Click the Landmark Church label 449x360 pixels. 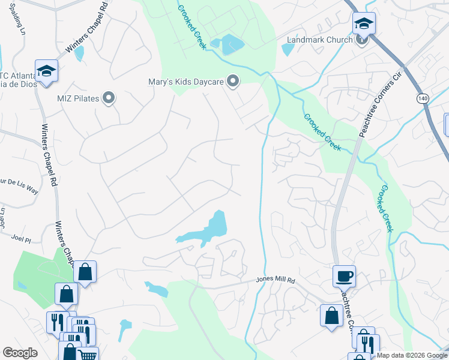pyautogui.click(x=319, y=40)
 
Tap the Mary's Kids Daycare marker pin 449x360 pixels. pyautogui.click(x=233, y=81)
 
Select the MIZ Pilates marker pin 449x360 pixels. pyautogui.click(x=109, y=98)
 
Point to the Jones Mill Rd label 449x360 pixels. pyautogui.click(x=276, y=280)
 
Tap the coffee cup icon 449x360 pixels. pyautogui.click(x=344, y=276)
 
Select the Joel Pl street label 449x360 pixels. pyautogui.click(x=20, y=239)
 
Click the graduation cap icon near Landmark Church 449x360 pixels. pyautogui.click(x=363, y=23)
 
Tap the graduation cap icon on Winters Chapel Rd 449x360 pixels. pyautogui.click(x=46, y=71)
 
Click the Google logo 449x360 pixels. pyautogui.click(x=20, y=353)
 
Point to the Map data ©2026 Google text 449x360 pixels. pyautogui.click(x=412, y=355)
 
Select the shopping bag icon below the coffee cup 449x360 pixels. pyautogui.click(x=331, y=316)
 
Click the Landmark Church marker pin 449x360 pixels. pyautogui.click(x=361, y=40)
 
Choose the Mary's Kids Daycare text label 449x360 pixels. pyautogui.click(x=186, y=82)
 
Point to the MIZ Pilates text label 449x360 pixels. pyautogui.click(x=77, y=98)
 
